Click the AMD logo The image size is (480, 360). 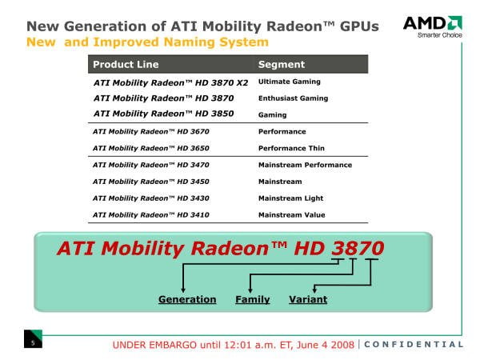[x=433, y=26]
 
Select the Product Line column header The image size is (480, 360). [x=126, y=64]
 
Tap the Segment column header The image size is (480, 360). [x=282, y=64]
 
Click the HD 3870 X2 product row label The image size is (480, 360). [x=171, y=83]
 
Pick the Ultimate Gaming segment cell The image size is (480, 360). [x=290, y=82]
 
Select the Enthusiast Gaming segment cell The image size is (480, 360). [x=293, y=98]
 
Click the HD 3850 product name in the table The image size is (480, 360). [x=164, y=114]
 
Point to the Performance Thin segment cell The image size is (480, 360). [x=291, y=148]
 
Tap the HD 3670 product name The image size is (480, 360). [x=151, y=132]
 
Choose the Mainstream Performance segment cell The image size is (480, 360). [x=305, y=165]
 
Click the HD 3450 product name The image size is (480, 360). [x=151, y=182]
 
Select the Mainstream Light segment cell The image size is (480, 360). [x=290, y=198]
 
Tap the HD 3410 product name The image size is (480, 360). [x=151, y=215]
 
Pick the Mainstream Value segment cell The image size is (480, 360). [x=291, y=215]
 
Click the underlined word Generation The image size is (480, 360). [x=187, y=299]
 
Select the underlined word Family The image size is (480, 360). [x=253, y=300]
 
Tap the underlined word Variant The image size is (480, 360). [x=308, y=299]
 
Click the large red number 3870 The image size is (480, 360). [x=358, y=248]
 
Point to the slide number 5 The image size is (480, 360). [x=33, y=343]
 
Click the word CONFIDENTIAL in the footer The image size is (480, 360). [x=414, y=344]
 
